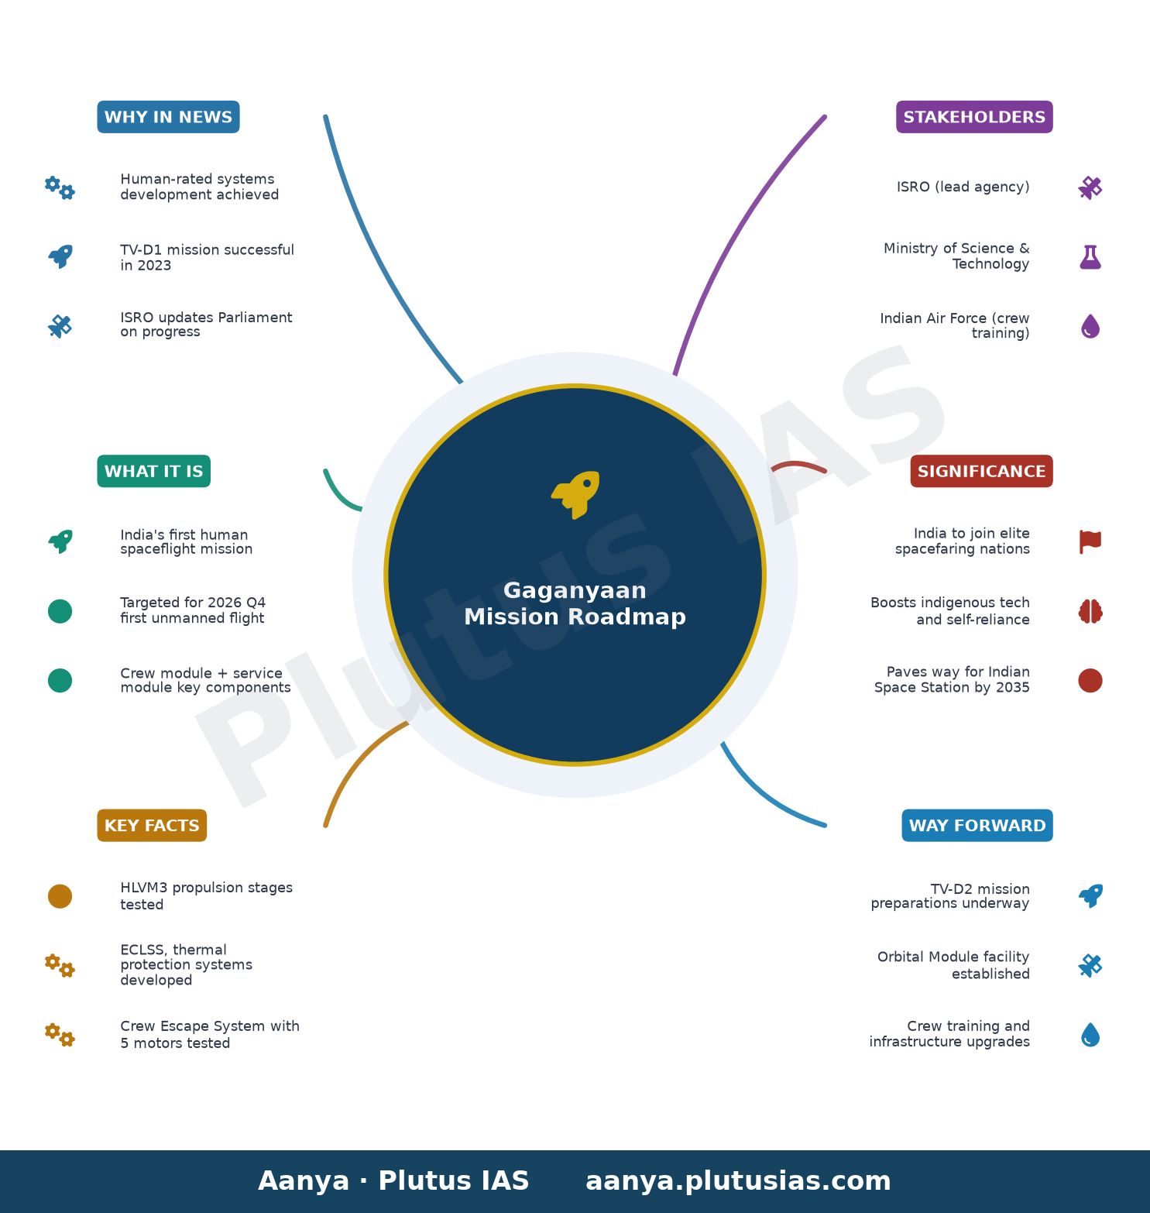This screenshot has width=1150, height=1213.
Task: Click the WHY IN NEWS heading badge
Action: [168, 117]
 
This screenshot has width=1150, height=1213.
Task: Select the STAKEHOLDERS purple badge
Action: [974, 117]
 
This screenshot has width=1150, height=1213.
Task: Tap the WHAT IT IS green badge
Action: [153, 471]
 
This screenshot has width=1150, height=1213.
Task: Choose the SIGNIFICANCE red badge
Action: [981, 471]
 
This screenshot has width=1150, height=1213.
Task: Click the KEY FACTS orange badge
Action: [152, 825]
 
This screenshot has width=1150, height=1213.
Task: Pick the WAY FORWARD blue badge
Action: [977, 825]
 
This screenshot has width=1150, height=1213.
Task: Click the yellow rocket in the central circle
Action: [575, 494]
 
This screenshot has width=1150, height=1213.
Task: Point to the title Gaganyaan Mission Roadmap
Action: [575, 603]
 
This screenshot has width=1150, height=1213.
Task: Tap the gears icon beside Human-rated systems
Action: [60, 187]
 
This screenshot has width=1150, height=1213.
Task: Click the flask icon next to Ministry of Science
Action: [1090, 256]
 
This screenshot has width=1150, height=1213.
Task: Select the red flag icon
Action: [1090, 541]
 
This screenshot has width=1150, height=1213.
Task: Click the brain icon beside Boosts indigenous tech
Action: [1090, 611]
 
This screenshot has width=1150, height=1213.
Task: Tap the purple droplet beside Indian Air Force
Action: [1090, 326]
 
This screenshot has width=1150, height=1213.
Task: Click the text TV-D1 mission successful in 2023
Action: [207, 257]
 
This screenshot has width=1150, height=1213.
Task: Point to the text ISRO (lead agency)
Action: [963, 187]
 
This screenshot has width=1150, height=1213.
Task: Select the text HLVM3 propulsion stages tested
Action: [206, 895]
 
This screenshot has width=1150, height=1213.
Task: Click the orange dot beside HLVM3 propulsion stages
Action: [60, 896]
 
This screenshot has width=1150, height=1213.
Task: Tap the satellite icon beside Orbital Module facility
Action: [1090, 965]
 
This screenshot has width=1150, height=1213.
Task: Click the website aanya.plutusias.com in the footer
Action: [738, 1180]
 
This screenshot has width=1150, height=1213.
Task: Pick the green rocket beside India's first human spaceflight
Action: [60, 541]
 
